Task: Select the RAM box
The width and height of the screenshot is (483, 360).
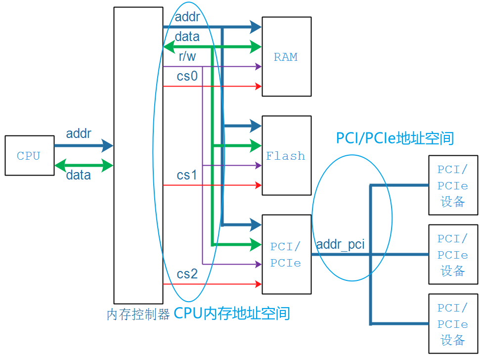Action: [286, 56]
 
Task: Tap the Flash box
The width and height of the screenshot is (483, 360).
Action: [286, 155]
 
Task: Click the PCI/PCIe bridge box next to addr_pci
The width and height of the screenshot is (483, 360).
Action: [286, 254]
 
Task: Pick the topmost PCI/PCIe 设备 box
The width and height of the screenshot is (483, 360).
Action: [453, 185]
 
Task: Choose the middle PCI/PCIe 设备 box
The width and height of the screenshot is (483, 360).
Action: [453, 255]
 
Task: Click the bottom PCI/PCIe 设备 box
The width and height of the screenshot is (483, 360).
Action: [453, 324]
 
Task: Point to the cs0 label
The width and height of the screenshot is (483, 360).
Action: [187, 76]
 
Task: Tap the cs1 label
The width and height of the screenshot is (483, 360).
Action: [187, 175]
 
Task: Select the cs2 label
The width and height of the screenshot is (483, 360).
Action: [187, 274]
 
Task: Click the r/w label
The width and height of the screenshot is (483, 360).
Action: [187, 57]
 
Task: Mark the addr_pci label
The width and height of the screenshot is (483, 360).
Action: [340, 244]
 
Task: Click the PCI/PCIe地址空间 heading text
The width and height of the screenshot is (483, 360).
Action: [395, 138]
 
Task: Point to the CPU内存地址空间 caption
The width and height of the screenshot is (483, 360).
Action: [231, 314]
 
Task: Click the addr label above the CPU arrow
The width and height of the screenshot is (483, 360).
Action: [79, 134]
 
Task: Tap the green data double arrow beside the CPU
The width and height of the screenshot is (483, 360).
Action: [84, 166]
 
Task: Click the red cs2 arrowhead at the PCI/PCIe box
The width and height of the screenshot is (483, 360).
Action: [258, 284]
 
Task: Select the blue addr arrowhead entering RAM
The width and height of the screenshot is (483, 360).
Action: [256, 27]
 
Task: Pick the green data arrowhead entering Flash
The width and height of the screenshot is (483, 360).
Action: [256, 146]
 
